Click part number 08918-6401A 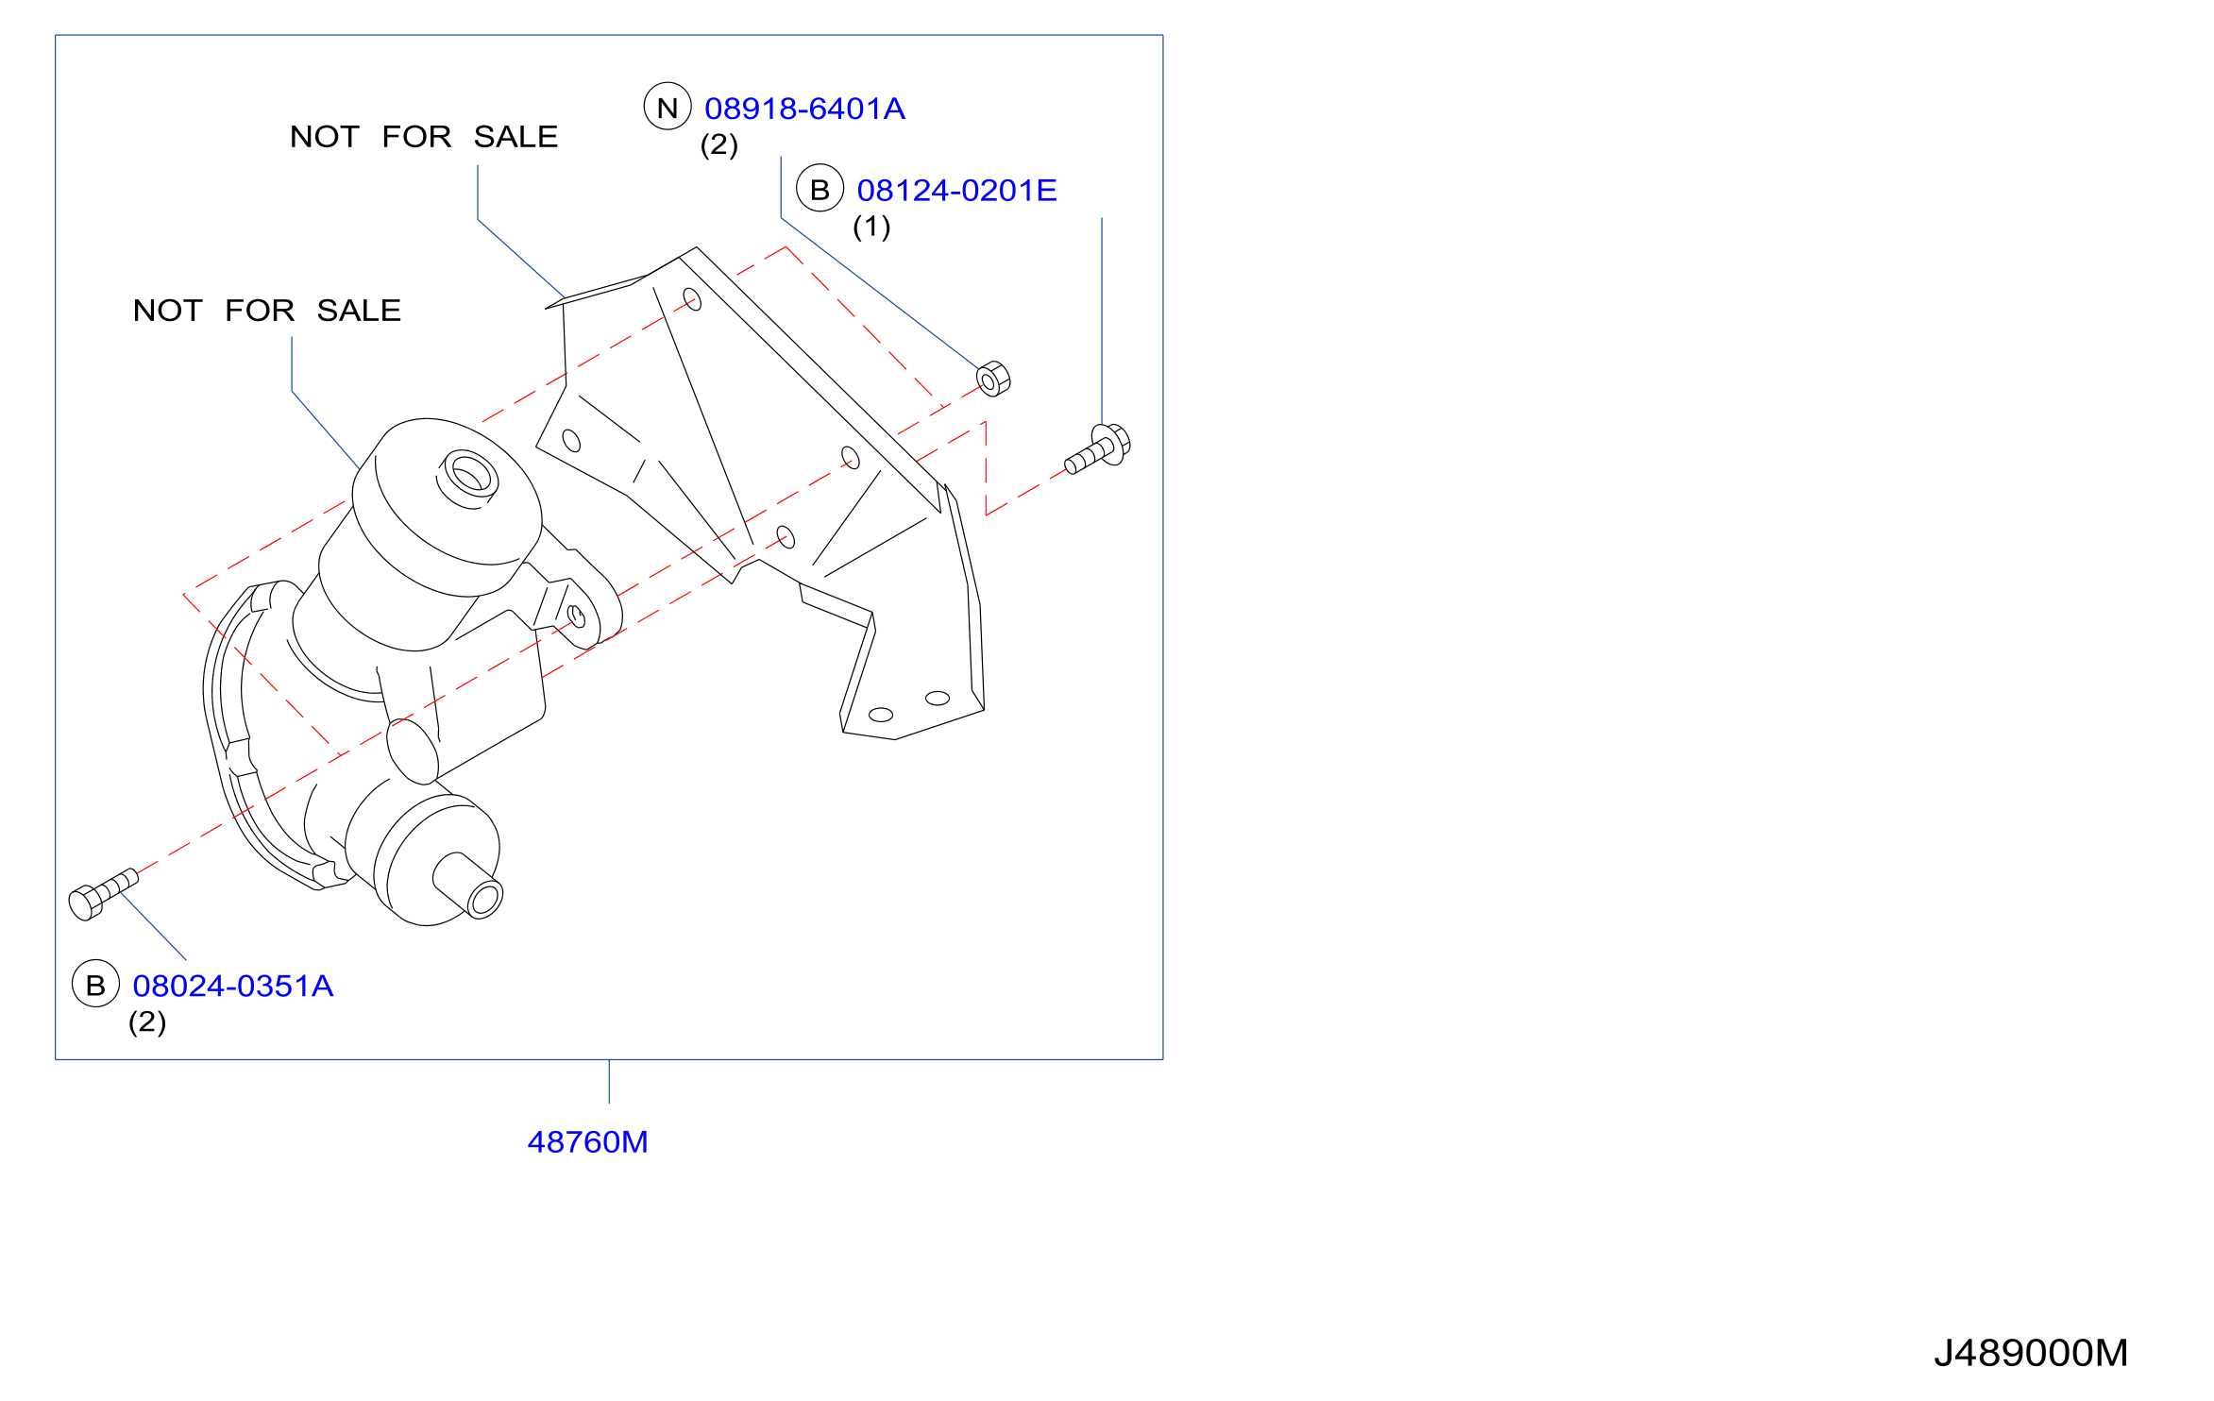click(804, 109)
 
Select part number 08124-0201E click(956, 191)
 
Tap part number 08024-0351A click(233, 986)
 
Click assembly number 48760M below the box click(587, 1142)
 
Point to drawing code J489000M click(2031, 1353)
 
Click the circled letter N click(668, 107)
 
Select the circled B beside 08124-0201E click(820, 189)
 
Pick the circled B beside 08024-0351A click(95, 984)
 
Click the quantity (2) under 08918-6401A click(719, 144)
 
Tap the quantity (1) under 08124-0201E click(871, 227)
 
